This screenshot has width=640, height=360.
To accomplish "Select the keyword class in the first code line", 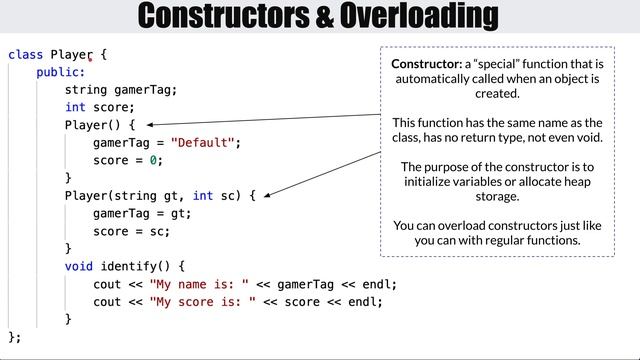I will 25,55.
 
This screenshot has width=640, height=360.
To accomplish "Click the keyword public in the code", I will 59,72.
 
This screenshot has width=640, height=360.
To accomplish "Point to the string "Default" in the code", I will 204,143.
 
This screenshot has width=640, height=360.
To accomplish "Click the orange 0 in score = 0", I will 154,160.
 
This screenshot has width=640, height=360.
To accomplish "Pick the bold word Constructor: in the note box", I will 427,64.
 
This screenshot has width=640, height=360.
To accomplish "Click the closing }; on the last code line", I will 14,337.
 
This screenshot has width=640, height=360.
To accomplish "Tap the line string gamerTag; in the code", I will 121,90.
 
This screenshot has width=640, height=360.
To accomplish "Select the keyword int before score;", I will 76,107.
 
